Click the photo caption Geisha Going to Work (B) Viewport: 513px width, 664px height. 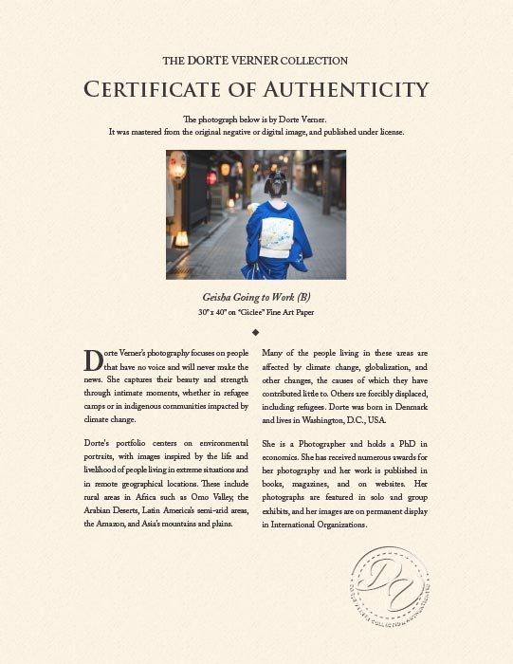[x=256, y=297]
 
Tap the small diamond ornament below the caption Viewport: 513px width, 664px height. [x=256, y=332]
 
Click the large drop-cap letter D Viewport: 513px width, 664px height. [x=93, y=360]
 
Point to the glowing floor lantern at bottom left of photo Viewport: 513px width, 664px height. [x=181, y=238]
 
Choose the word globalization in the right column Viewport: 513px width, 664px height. [x=378, y=365]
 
